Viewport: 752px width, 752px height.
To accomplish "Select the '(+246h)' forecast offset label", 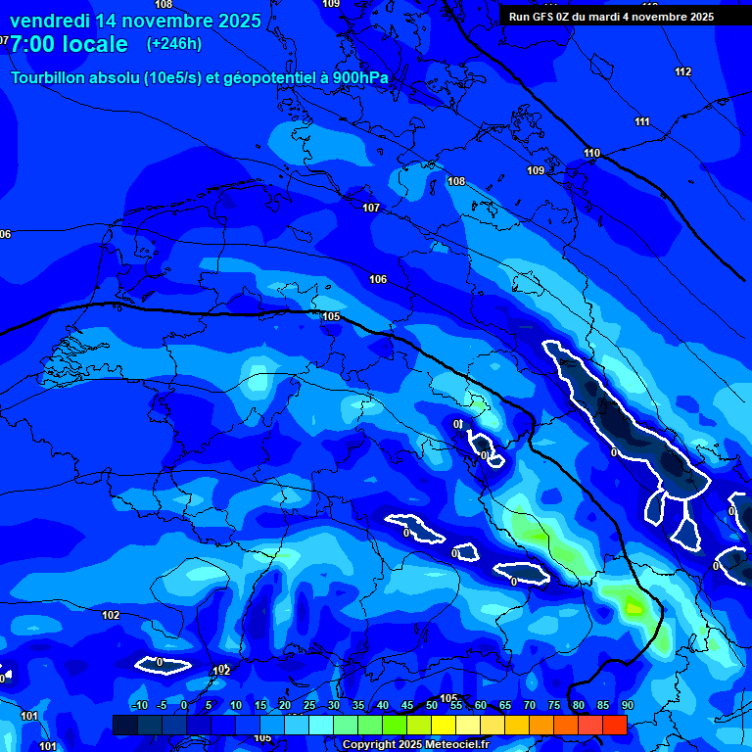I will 174,44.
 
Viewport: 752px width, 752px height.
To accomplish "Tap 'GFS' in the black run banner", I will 546,17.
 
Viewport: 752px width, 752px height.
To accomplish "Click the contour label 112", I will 682,71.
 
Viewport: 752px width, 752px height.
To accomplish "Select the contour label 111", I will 642,121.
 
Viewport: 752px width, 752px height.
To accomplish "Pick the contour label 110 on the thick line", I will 591,153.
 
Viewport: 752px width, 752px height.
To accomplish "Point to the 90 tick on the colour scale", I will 627,706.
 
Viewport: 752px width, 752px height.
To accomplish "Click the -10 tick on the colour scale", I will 138,706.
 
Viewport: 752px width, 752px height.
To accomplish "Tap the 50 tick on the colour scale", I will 431,706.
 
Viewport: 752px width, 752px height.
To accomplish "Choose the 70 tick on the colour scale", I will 529,706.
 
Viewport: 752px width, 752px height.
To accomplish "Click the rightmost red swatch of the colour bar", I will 614,725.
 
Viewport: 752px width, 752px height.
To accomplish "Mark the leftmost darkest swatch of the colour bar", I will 125,725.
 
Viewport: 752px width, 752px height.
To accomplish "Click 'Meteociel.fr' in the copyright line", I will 454,745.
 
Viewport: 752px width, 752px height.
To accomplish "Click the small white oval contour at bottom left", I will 163,666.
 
